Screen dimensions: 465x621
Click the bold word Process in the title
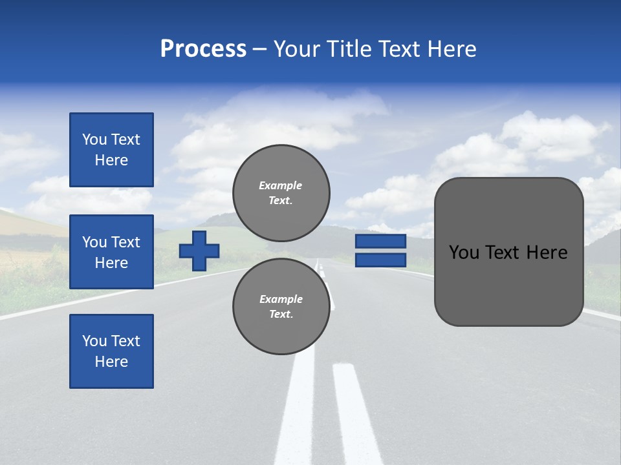pyautogui.click(x=203, y=49)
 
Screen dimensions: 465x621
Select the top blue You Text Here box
pyautogui.click(x=111, y=150)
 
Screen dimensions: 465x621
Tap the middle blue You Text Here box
pyautogui.click(x=111, y=252)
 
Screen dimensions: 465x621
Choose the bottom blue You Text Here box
pyautogui.click(x=111, y=351)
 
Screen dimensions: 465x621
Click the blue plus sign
pyautogui.click(x=199, y=251)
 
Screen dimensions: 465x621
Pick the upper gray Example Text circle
pyautogui.click(x=281, y=193)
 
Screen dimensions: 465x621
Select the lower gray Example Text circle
pyautogui.click(x=281, y=306)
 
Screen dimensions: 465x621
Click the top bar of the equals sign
pyautogui.click(x=380, y=242)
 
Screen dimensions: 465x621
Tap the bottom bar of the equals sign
pyautogui.click(x=380, y=260)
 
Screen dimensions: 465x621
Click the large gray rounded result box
pyautogui.click(x=508, y=251)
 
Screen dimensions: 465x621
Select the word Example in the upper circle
pyautogui.click(x=281, y=185)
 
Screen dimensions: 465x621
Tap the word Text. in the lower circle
pyautogui.click(x=281, y=315)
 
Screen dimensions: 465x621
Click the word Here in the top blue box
pyautogui.click(x=111, y=160)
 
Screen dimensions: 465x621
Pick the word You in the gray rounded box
pyautogui.click(x=463, y=253)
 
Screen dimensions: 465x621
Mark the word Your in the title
pyautogui.click(x=298, y=49)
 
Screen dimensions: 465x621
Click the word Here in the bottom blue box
pyautogui.click(x=111, y=362)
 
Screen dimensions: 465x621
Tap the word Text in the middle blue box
pyautogui.click(x=125, y=242)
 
